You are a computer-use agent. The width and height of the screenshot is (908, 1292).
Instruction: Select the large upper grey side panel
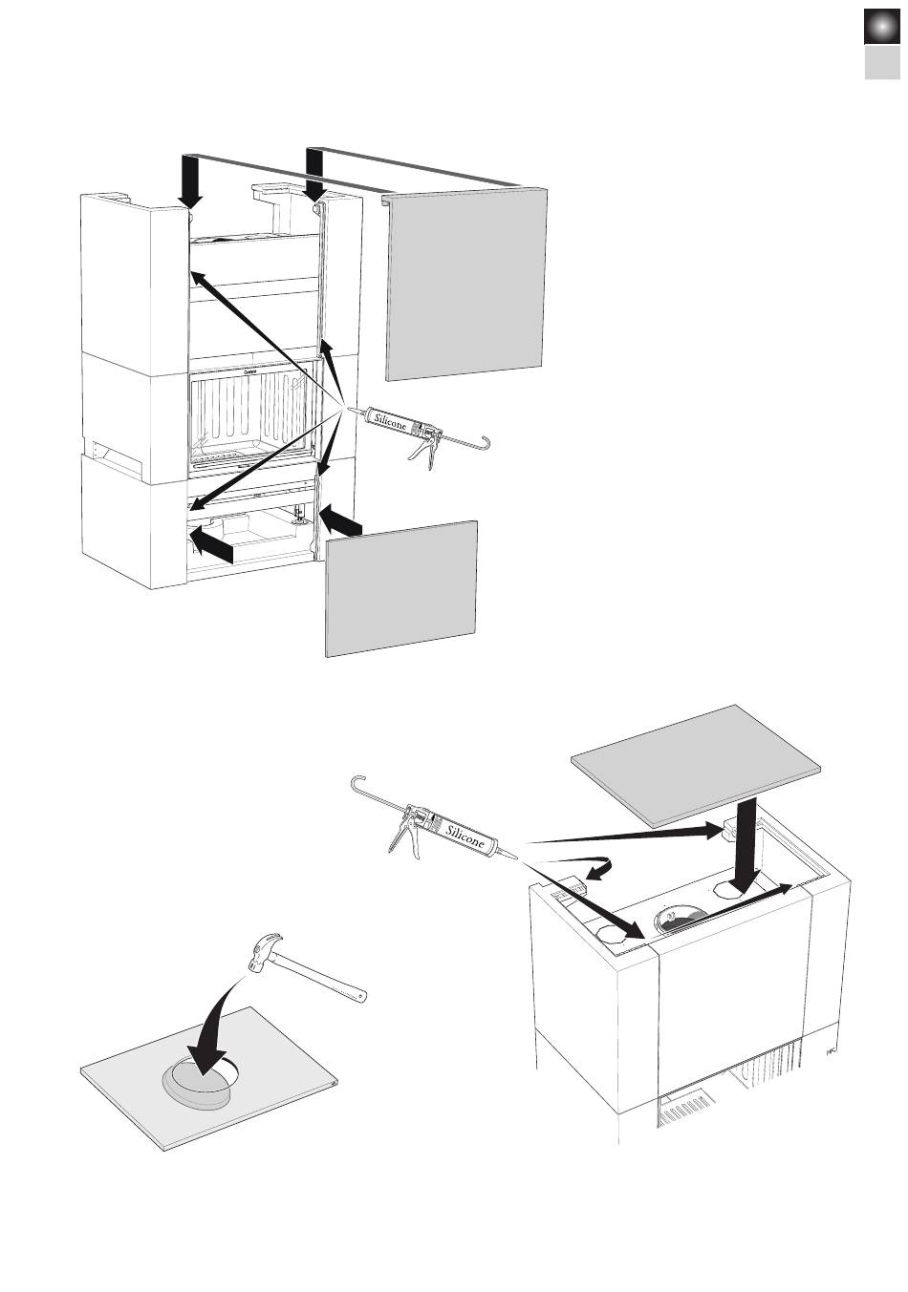[465, 284]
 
